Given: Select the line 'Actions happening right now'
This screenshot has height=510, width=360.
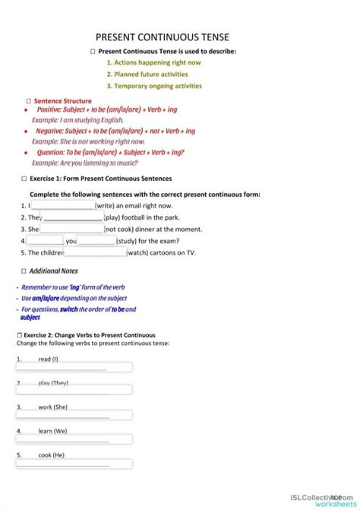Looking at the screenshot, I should [153, 62].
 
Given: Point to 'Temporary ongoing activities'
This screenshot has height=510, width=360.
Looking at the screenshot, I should [153, 86].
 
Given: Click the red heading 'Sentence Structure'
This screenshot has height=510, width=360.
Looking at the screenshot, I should [62, 101].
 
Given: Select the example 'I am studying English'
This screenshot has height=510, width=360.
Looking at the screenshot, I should [73, 120].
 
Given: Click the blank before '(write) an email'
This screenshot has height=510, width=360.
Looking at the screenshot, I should [62, 205].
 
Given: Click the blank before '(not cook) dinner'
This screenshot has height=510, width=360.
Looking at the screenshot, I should [71, 229].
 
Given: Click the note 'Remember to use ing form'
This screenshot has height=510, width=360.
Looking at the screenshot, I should [73, 287].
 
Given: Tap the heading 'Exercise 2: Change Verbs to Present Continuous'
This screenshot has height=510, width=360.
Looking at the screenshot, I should [90, 334].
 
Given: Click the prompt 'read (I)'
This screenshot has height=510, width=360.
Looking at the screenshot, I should [48, 359].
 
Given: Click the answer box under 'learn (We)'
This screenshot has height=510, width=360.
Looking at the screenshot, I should [74, 439].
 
